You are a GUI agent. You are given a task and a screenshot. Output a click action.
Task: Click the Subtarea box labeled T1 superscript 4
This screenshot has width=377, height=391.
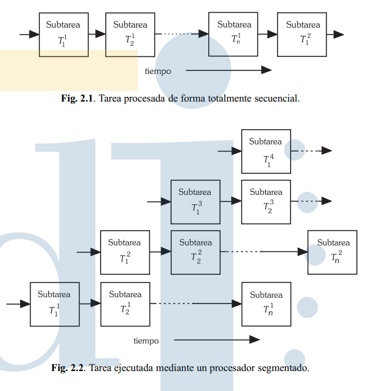[266, 151]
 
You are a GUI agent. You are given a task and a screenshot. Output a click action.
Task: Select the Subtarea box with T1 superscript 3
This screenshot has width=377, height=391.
[195, 202]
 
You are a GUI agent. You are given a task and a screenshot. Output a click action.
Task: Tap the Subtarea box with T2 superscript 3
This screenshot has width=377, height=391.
[266, 202]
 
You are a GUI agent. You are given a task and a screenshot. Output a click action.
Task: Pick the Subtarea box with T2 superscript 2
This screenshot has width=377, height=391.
[195, 252]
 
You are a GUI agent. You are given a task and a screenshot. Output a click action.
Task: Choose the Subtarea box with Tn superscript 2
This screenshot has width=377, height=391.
[332, 252]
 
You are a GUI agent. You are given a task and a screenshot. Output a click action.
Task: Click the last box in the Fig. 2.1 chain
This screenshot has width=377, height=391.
[301, 35]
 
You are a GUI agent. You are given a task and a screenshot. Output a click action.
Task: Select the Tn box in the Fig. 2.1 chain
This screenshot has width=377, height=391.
[233, 35]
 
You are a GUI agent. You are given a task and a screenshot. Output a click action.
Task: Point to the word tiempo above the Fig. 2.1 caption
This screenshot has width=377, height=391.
[158, 71]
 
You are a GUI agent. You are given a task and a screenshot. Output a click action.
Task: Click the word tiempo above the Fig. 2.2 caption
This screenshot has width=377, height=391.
[146, 341]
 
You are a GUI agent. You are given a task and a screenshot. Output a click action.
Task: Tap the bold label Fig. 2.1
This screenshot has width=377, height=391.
[77, 99]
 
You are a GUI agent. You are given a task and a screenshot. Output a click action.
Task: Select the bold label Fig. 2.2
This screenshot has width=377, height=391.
[68, 368]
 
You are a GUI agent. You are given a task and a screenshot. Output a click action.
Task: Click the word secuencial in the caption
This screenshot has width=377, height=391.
[277, 99]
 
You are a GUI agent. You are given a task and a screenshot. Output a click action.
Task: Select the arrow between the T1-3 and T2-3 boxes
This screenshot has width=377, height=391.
[231, 201]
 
